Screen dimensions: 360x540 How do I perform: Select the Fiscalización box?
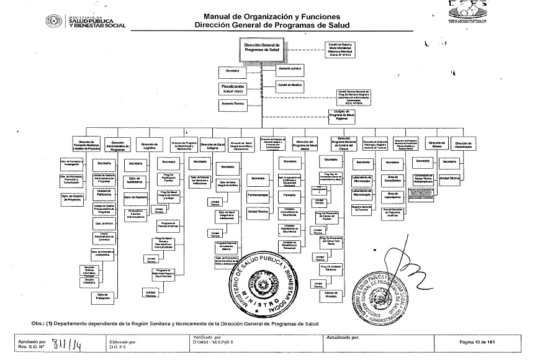[233, 88]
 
